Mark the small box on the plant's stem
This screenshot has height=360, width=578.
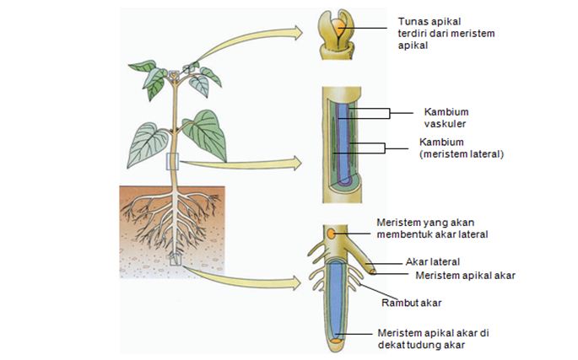coord(172,161)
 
